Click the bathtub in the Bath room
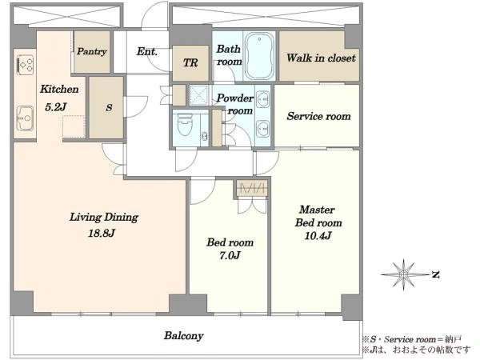(259, 56)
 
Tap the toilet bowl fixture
(185, 125)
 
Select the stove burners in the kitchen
(25, 65)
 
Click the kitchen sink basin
(25, 118)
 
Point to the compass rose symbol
(404, 274)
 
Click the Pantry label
(91, 51)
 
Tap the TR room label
(190, 63)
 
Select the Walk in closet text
(321, 58)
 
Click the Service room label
(318, 116)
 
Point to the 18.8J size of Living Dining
(102, 234)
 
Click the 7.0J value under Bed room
(230, 255)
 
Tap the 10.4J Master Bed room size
(318, 236)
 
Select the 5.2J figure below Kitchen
(56, 107)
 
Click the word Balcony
(184, 336)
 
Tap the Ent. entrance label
(147, 51)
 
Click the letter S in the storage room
(109, 108)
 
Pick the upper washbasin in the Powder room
(262, 99)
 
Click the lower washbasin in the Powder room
(262, 129)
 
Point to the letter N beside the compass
(436, 274)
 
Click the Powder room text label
(235, 104)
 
